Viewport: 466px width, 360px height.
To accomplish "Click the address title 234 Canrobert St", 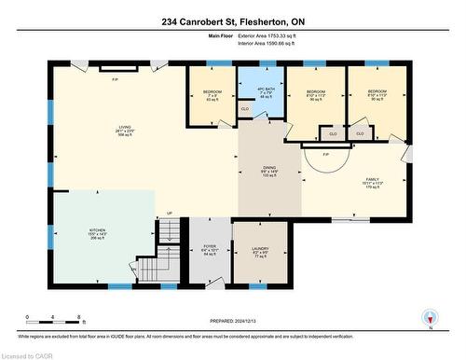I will click(232, 21).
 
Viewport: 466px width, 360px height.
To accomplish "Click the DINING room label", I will click(270, 172).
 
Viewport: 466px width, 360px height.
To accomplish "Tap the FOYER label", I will click(210, 249).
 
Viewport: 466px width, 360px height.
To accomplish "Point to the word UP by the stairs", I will click(169, 214).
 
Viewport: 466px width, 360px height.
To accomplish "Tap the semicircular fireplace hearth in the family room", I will click(326, 160).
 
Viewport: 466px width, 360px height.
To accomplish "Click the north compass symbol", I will click(429, 317).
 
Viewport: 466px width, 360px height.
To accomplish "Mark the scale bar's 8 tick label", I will click(80, 317).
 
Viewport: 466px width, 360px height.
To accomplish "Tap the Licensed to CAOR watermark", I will click(28, 354).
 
